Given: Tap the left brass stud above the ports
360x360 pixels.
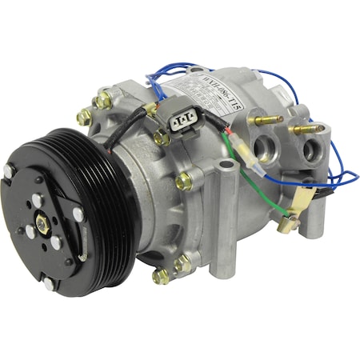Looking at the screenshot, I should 264,120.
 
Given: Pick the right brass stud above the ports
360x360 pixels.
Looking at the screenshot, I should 308,127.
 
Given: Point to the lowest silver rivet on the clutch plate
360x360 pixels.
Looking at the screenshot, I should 49,283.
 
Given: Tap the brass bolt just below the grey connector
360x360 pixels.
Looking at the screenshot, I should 163,138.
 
